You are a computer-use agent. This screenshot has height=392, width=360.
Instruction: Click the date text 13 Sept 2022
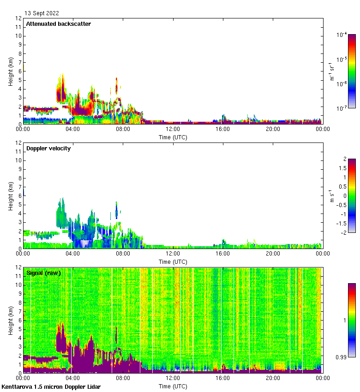tap(42, 13)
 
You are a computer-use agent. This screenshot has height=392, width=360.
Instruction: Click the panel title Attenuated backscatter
tap(59, 24)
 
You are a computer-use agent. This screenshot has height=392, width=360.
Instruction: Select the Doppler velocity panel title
tap(48, 148)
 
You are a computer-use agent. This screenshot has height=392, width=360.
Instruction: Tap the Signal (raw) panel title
tap(43, 273)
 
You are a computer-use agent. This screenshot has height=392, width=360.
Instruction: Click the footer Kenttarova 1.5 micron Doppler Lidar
tap(51, 386)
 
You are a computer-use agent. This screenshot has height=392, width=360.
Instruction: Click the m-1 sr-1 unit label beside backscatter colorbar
tap(332, 71)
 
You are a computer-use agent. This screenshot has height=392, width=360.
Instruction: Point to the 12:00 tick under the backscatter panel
tap(173, 129)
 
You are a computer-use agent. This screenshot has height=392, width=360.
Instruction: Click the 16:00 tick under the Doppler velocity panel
tap(222, 254)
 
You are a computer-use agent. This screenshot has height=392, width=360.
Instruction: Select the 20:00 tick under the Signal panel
tap(272, 378)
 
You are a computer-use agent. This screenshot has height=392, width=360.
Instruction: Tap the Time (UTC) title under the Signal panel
tap(173, 386)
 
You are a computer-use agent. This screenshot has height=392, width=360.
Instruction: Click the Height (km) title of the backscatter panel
tap(11, 71)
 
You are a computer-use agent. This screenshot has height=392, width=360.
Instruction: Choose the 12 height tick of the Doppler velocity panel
tap(18, 143)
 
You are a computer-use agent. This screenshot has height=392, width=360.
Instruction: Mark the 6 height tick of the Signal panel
tap(19, 321)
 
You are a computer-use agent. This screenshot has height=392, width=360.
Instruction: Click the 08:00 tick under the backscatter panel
tap(123, 129)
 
